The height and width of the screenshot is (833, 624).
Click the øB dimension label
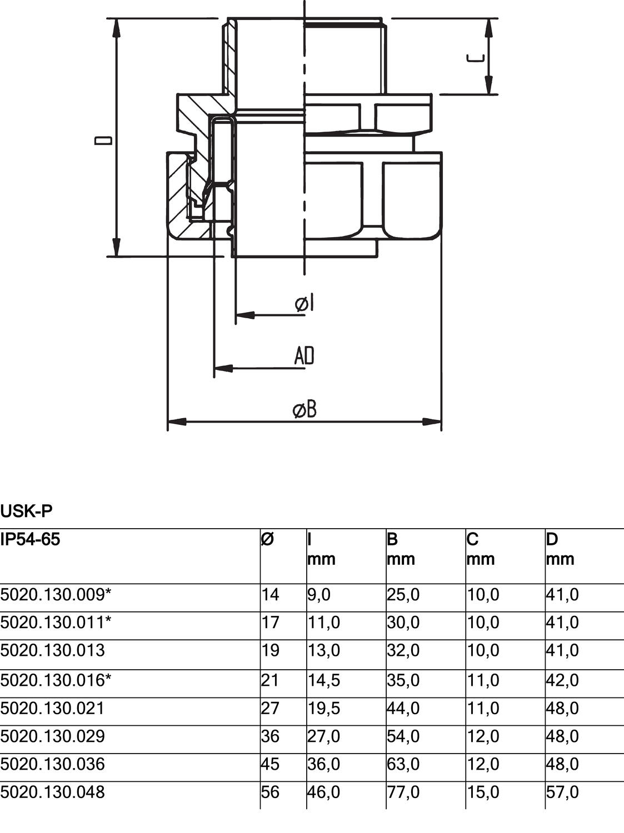pyautogui.click(x=304, y=410)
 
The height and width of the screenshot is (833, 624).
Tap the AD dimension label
pyautogui.click(x=304, y=356)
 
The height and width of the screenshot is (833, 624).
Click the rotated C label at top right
pyautogui.click(x=476, y=58)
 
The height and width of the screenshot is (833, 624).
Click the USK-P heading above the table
pyautogui.click(x=26, y=510)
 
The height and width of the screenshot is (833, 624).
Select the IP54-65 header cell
pyautogui.click(x=30, y=539)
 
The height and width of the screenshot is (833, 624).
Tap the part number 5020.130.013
pyautogui.click(x=53, y=650)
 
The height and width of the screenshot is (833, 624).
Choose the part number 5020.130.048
pyautogui.click(x=53, y=792)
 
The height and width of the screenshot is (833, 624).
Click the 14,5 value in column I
pyautogui.click(x=325, y=680)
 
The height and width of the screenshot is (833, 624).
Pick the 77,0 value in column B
pyautogui.click(x=403, y=792)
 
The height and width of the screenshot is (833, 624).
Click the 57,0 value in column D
pyautogui.click(x=562, y=792)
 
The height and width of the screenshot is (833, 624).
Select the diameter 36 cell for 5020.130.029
pyautogui.click(x=271, y=736)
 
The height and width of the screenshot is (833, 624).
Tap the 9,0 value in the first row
pyautogui.click(x=319, y=595)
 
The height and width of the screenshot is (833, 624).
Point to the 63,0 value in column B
pyautogui.click(x=403, y=764)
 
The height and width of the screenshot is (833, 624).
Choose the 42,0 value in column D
pyautogui.click(x=562, y=680)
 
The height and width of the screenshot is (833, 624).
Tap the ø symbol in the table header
pyautogui.click(x=267, y=539)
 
